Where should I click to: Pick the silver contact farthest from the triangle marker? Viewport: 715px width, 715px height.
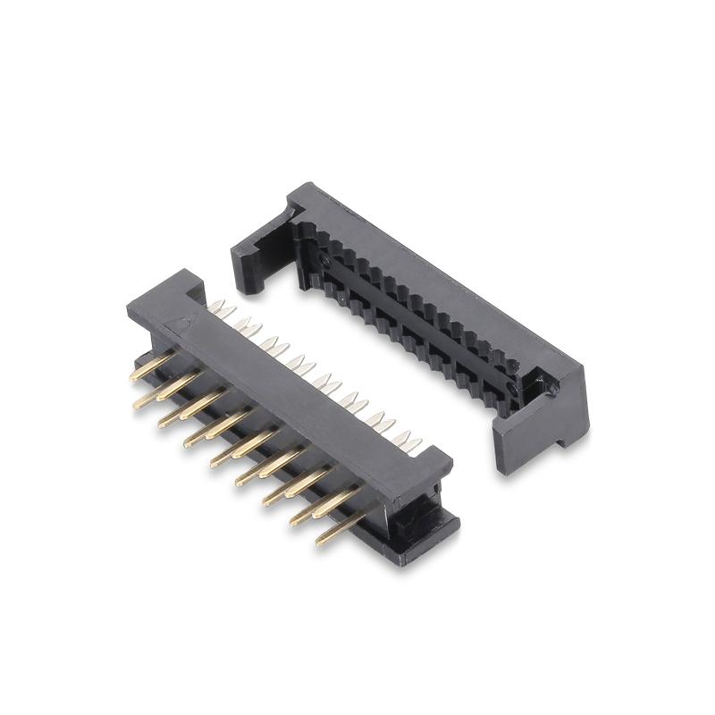tap(413, 441)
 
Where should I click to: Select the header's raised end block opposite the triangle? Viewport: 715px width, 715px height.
tap(429, 469)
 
